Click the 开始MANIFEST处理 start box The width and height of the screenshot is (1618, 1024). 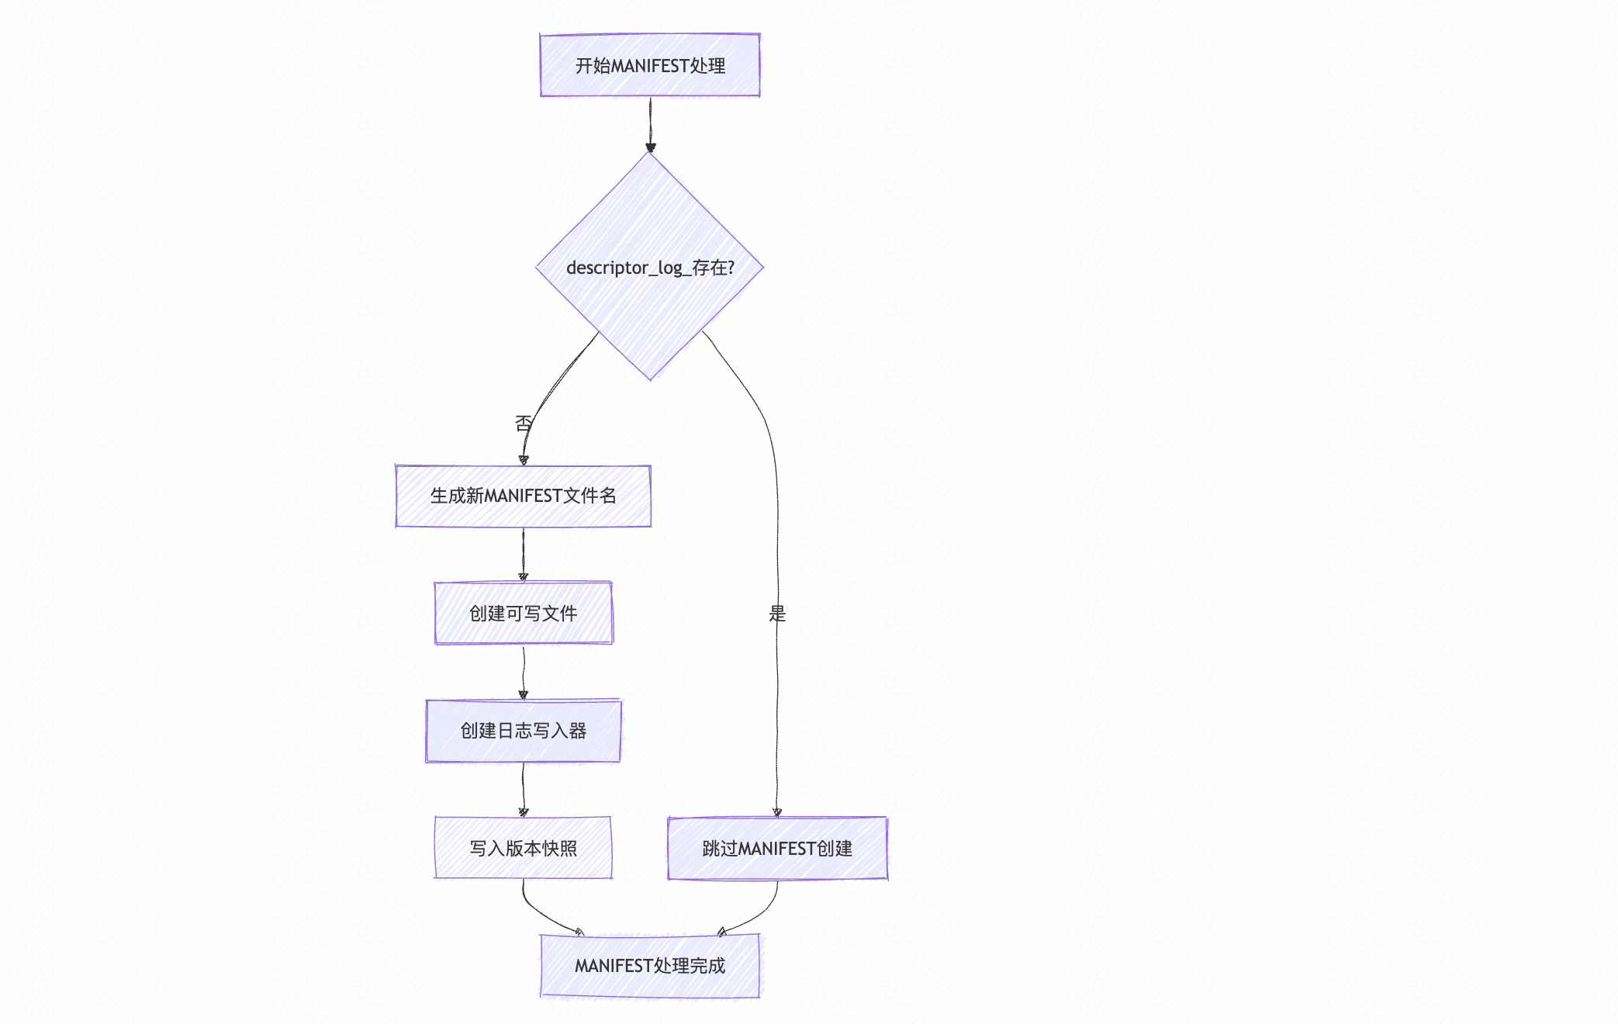[x=650, y=65]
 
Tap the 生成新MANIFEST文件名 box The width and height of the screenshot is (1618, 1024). [x=523, y=496]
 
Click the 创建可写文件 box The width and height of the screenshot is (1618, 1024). [x=523, y=613]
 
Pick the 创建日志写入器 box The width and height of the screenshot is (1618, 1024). [x=523, y=731]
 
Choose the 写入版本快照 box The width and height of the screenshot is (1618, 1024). [x=523, y=848]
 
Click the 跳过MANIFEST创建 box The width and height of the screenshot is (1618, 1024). [x=777, y=848]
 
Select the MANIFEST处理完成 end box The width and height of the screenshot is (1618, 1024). [x=650, y=966]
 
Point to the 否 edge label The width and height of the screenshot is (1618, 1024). [x=524, y=424]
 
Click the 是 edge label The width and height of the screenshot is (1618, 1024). [x=777, y=614]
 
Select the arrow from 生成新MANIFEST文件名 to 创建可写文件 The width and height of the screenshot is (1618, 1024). [x=523, y=554]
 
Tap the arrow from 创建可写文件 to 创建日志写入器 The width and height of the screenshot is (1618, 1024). [x=523, y=672]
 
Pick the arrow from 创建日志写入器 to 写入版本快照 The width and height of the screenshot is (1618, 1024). [x=523, y=789]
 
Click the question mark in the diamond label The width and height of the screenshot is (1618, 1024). [x=731, y=268]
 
